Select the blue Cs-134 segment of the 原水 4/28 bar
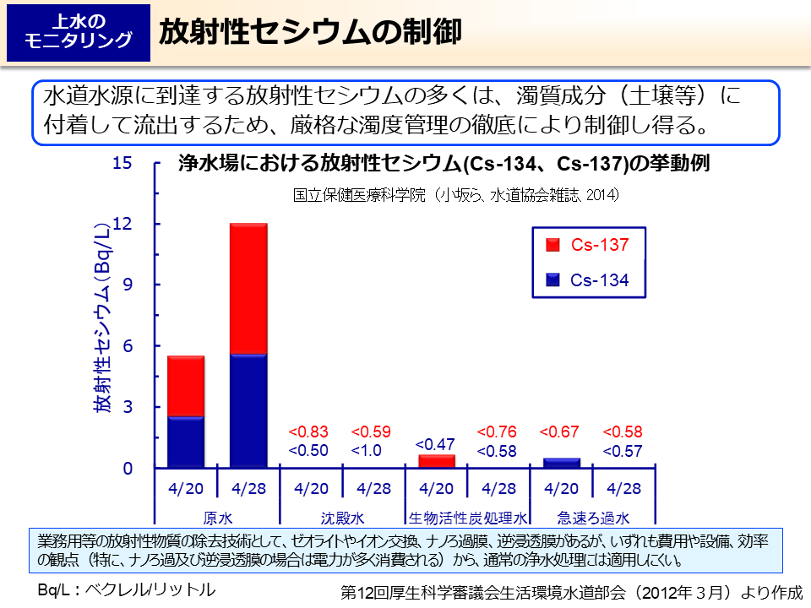(x=248, y=411)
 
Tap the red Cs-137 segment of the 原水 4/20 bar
(x=186, y=386)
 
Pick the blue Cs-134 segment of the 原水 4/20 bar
(x=186, y=442)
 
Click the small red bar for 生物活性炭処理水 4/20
(x=436, y=461)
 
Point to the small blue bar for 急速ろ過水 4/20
(x=561, y=463)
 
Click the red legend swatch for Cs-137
(x=552, y=245)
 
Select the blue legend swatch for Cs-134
(x=552, y=280)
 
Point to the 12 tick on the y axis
(x=123, y=224)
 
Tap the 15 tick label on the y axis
(x=123, y=163)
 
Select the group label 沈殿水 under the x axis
(x=342, y=517)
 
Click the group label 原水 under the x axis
(x=217, y=517)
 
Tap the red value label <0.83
(x=308, y=432)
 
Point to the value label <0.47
(x=435, y=444)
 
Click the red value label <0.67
(x=559, y=432)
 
